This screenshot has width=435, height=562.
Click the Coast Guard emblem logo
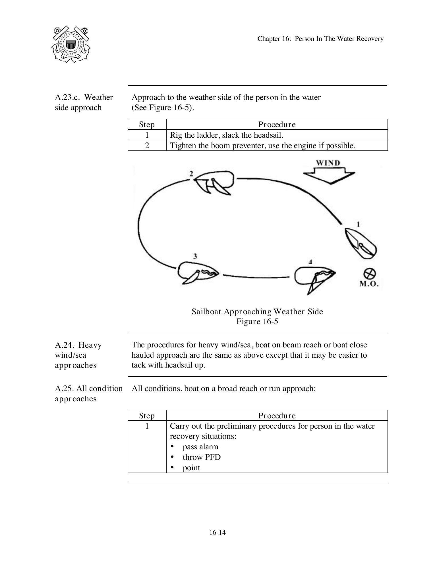71,45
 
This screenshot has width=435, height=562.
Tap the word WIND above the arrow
328,163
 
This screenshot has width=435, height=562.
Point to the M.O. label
369,284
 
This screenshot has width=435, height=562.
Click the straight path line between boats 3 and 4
256,276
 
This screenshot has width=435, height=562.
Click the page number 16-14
217,532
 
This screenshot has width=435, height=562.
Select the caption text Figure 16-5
257,322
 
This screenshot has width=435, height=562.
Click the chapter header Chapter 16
320,39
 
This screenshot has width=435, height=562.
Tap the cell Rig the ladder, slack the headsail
227,135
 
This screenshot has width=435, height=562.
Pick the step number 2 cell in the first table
147,146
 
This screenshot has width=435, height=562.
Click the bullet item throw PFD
202,457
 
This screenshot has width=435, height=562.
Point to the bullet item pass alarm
200,447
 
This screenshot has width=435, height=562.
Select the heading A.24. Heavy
78,345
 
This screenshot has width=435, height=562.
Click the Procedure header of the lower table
277,416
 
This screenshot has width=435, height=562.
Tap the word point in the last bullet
191,468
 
